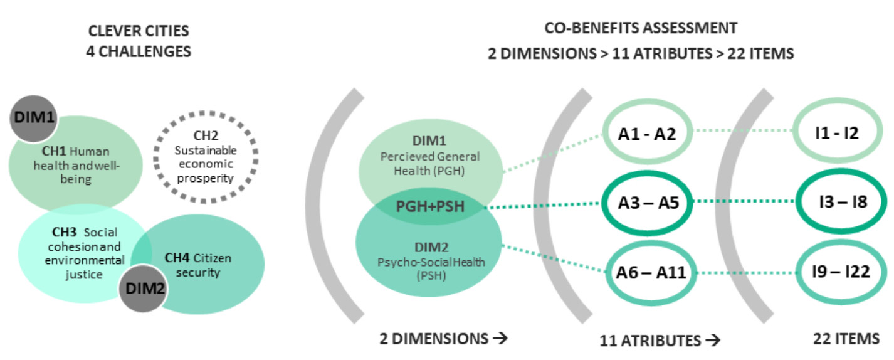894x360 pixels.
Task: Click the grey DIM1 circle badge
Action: point(34,119)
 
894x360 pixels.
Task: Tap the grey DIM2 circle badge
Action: point(144,289)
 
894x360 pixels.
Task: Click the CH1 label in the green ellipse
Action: point(54,151)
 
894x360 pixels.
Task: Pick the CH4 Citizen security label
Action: point(198,265)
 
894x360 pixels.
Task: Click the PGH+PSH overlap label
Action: point(430,206)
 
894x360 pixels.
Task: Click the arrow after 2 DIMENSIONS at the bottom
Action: point(500,339)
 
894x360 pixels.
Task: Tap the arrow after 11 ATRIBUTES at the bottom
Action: point(713,341)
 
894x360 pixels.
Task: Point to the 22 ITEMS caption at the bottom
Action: point(846,339)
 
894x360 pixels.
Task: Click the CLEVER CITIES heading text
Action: point(139,31)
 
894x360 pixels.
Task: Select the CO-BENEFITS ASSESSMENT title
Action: point(641,28)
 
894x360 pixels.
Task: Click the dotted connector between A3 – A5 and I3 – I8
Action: point(744,201)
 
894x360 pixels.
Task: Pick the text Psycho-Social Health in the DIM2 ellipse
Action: point(431,262)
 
